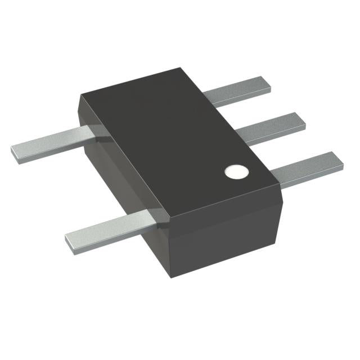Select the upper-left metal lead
point(51,142)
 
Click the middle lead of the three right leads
point(270,129)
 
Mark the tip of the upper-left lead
point(16,150)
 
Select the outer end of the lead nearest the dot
point(338,160)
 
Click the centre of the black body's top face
point(177,141)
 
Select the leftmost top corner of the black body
point(80,92)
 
